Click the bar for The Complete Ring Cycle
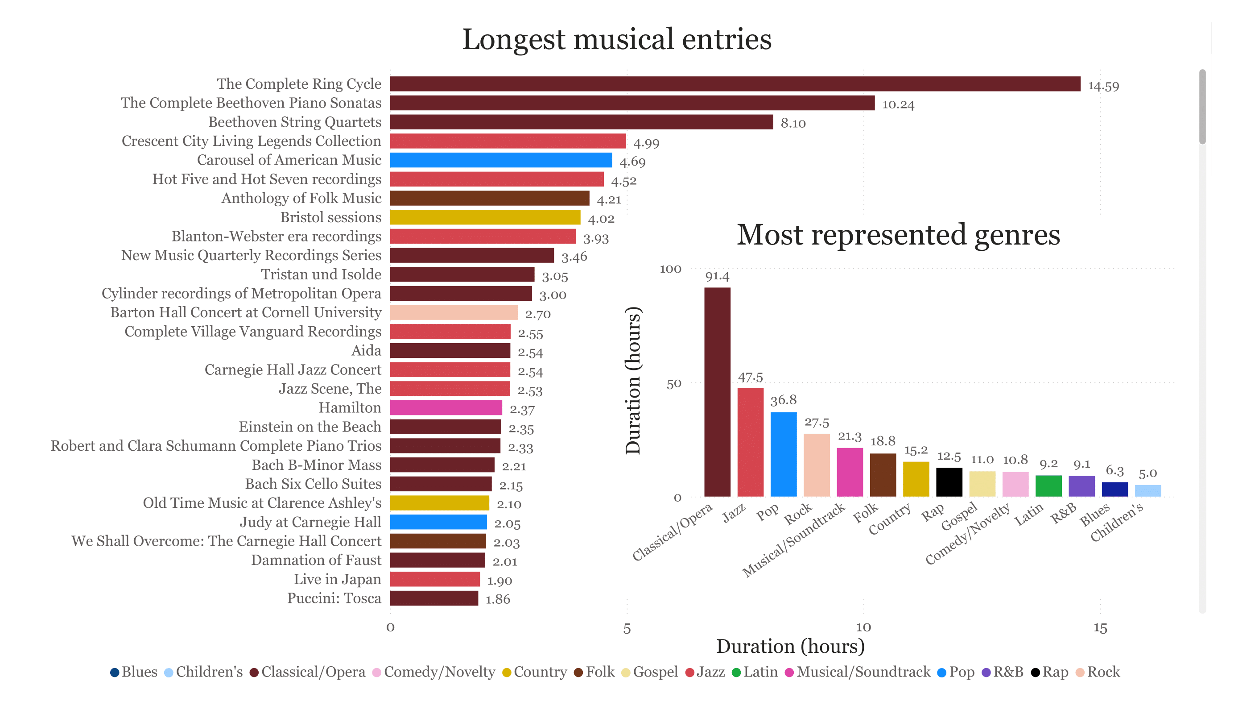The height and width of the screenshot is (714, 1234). tap(735, 84)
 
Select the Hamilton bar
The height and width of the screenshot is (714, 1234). tap(446, 408)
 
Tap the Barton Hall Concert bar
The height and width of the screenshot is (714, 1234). tap(454, 313)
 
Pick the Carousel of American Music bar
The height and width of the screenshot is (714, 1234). tap(500, 160)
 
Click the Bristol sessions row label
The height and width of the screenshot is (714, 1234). tap(330, 217)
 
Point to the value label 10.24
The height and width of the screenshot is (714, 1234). tap(898, 104)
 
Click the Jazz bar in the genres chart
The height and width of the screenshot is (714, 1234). tap(750, 442)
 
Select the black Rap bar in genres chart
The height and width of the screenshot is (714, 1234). tap(949, 482)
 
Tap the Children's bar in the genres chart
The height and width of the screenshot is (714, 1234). tap(1148, 490)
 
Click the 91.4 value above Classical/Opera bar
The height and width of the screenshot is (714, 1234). tap(717, 276)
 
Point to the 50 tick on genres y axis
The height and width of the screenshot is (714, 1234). tap(674, 384)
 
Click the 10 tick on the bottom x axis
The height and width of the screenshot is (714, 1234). tap(863, 628)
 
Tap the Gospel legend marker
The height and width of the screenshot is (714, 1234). tap(625, 672)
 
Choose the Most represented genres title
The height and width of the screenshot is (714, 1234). tap(898, 235)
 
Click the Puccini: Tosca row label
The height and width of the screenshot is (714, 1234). tap(334, 598)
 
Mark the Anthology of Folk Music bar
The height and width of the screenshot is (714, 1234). tap(489, 199)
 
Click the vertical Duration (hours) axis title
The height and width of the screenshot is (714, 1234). tap(633, 380)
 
